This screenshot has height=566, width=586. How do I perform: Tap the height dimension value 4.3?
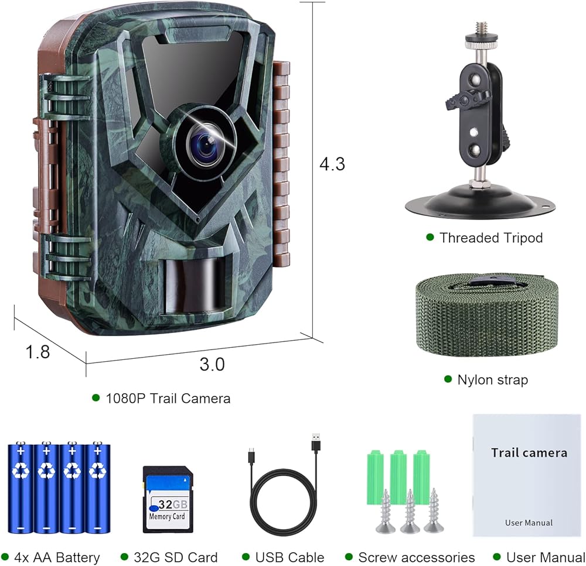point(332,164)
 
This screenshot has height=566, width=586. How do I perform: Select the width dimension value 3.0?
point(212,364)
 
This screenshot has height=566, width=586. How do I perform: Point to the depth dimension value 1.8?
point(38,351)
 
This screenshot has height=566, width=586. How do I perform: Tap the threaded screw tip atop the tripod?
point(482,28)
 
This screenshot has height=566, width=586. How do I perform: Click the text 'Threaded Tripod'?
point(491,238)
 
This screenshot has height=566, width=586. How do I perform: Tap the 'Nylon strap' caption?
point(492,380)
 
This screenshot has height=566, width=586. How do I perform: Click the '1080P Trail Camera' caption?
point(168,399)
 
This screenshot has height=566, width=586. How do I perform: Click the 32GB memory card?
point(168,498)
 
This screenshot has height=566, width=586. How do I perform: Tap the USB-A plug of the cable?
point(316,442)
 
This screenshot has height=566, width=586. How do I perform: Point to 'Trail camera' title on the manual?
point(529,452)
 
